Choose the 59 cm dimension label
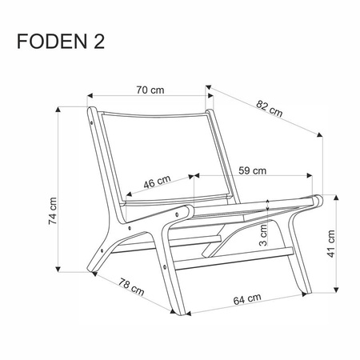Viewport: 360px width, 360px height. point(252,170)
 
